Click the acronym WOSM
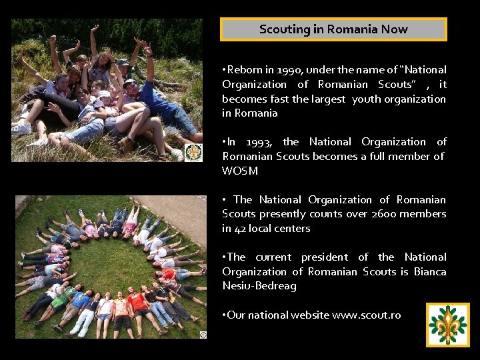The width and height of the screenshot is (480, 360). (x=240, y=171)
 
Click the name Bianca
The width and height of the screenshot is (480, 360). (x=430, y=272)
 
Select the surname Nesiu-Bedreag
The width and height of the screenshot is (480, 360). (x=259, y=286)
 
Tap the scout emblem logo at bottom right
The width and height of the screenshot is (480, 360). (x=448, y=325)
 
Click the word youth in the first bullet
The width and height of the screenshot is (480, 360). (x=366, y=99)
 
